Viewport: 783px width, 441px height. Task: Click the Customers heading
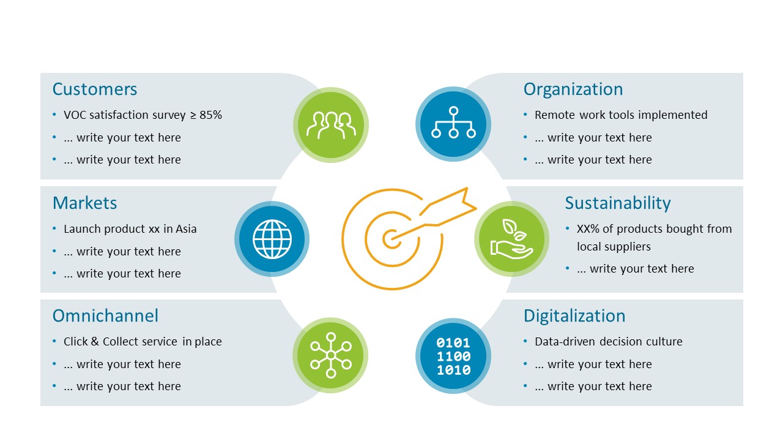coord(95,89)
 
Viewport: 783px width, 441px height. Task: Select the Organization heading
coord(573,89)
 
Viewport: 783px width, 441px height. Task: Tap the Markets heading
coord(84,203)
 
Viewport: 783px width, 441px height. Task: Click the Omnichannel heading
coord(105,315)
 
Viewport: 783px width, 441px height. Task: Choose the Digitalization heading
coord(574,317)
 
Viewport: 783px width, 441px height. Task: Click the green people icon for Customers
coord(331,125)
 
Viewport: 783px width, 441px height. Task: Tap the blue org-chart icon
coord(453,124)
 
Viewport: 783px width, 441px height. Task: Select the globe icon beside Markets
coord(272,239)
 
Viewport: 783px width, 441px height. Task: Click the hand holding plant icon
coord(511,239)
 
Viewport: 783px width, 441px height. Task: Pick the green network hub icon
coord(331,355)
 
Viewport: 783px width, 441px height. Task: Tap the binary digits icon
coord(453,356)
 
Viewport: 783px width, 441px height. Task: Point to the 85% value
coord(211,115)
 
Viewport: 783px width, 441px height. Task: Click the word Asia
coord(186,229)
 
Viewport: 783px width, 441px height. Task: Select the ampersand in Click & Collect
coord(95,342)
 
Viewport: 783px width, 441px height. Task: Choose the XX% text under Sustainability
coord(588,229)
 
